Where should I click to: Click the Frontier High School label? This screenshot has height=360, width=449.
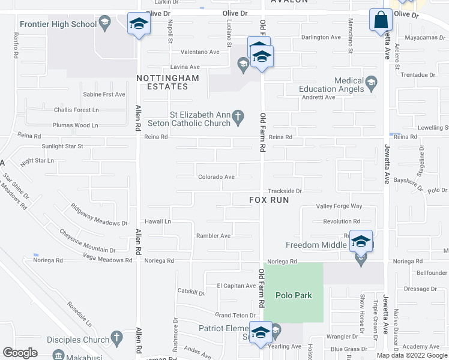[x=58, y=24]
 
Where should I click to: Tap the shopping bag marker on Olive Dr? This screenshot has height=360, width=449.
[x=381, y=20]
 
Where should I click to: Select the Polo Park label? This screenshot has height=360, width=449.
[x=294, y=295]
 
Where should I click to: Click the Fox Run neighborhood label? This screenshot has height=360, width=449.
[x=270, y=200]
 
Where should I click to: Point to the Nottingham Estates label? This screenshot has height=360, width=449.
[x=163, y=82]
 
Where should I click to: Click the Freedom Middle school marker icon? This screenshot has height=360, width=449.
[x=361, y=241]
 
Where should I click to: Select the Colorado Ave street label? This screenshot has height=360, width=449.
[x=216, y=177]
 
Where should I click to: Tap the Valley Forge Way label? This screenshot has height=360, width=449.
[x=339, y=206]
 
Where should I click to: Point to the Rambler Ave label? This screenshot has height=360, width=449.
[x=213, y=236]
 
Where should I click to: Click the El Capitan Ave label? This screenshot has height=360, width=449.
[x=236, y=286]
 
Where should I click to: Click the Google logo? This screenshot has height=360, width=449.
[x=20, y=353]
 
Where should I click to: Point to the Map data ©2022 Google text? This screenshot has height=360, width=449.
[x=412, y=355]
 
